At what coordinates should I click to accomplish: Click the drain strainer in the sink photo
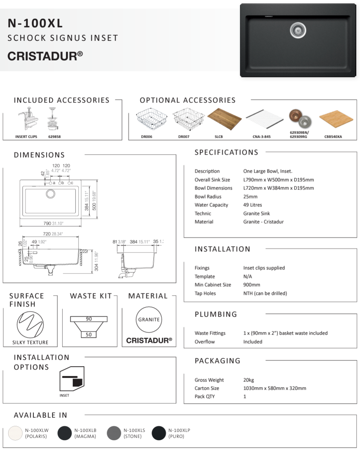[x=298, y=30]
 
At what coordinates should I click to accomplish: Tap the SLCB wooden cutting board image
[x=224, y=119]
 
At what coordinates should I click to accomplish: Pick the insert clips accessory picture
[x=27, y=119]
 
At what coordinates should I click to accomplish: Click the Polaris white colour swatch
[x=15, y=433]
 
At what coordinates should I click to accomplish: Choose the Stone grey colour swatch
[x=114, y=433]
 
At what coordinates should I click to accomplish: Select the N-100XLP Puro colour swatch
[x=159, y=433]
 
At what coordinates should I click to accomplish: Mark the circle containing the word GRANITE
[x=149, y=320]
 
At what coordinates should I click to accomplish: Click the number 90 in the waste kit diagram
[x=89, y=319]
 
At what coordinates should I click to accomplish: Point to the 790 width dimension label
[x=47, y=223]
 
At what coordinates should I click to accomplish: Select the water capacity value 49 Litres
[x=253, y=205]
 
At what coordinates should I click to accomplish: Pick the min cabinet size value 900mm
[x=252, y=285]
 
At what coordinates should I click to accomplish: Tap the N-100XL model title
[x=35, y=24]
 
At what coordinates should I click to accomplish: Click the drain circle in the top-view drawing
[x=50, y=194]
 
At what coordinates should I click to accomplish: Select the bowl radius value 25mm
[x=250, y=197]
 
